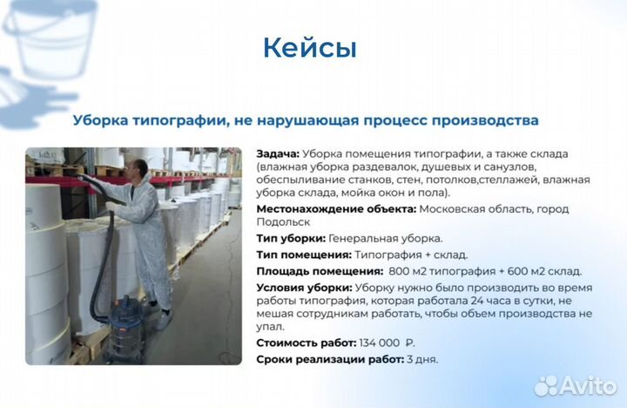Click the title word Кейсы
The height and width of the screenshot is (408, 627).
point(310,48)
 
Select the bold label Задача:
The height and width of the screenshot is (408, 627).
point(279,153)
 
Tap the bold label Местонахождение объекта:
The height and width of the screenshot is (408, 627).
point(336,209)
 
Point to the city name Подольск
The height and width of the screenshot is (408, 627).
point(283,222)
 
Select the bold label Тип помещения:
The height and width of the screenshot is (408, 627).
point(304,255)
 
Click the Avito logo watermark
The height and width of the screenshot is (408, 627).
point(576,385)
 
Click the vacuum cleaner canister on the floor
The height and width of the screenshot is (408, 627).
point(131,317)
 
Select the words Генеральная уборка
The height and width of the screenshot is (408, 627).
point(399,238)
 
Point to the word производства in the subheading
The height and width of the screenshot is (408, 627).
point(489,119)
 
